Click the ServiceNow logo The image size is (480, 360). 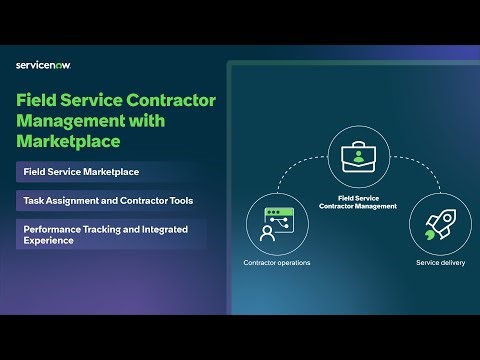pyautogui.click(x=43, y=65)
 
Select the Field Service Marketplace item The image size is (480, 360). pyautogui.click(x=81, y=172)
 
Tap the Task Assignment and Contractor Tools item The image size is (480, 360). pyautogui.click(x=108, y=200)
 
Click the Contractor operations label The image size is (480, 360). pyautogui.click(x=276, y=263)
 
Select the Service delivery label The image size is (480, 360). pyautogui.click(x=441, y=263)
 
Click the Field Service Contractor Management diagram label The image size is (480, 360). pyautogui.click(x=357, y=202)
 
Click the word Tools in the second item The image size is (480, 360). pyautogui.click(x=180, y=200)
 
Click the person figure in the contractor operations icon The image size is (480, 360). pyautogui.click(x=268, y=234)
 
